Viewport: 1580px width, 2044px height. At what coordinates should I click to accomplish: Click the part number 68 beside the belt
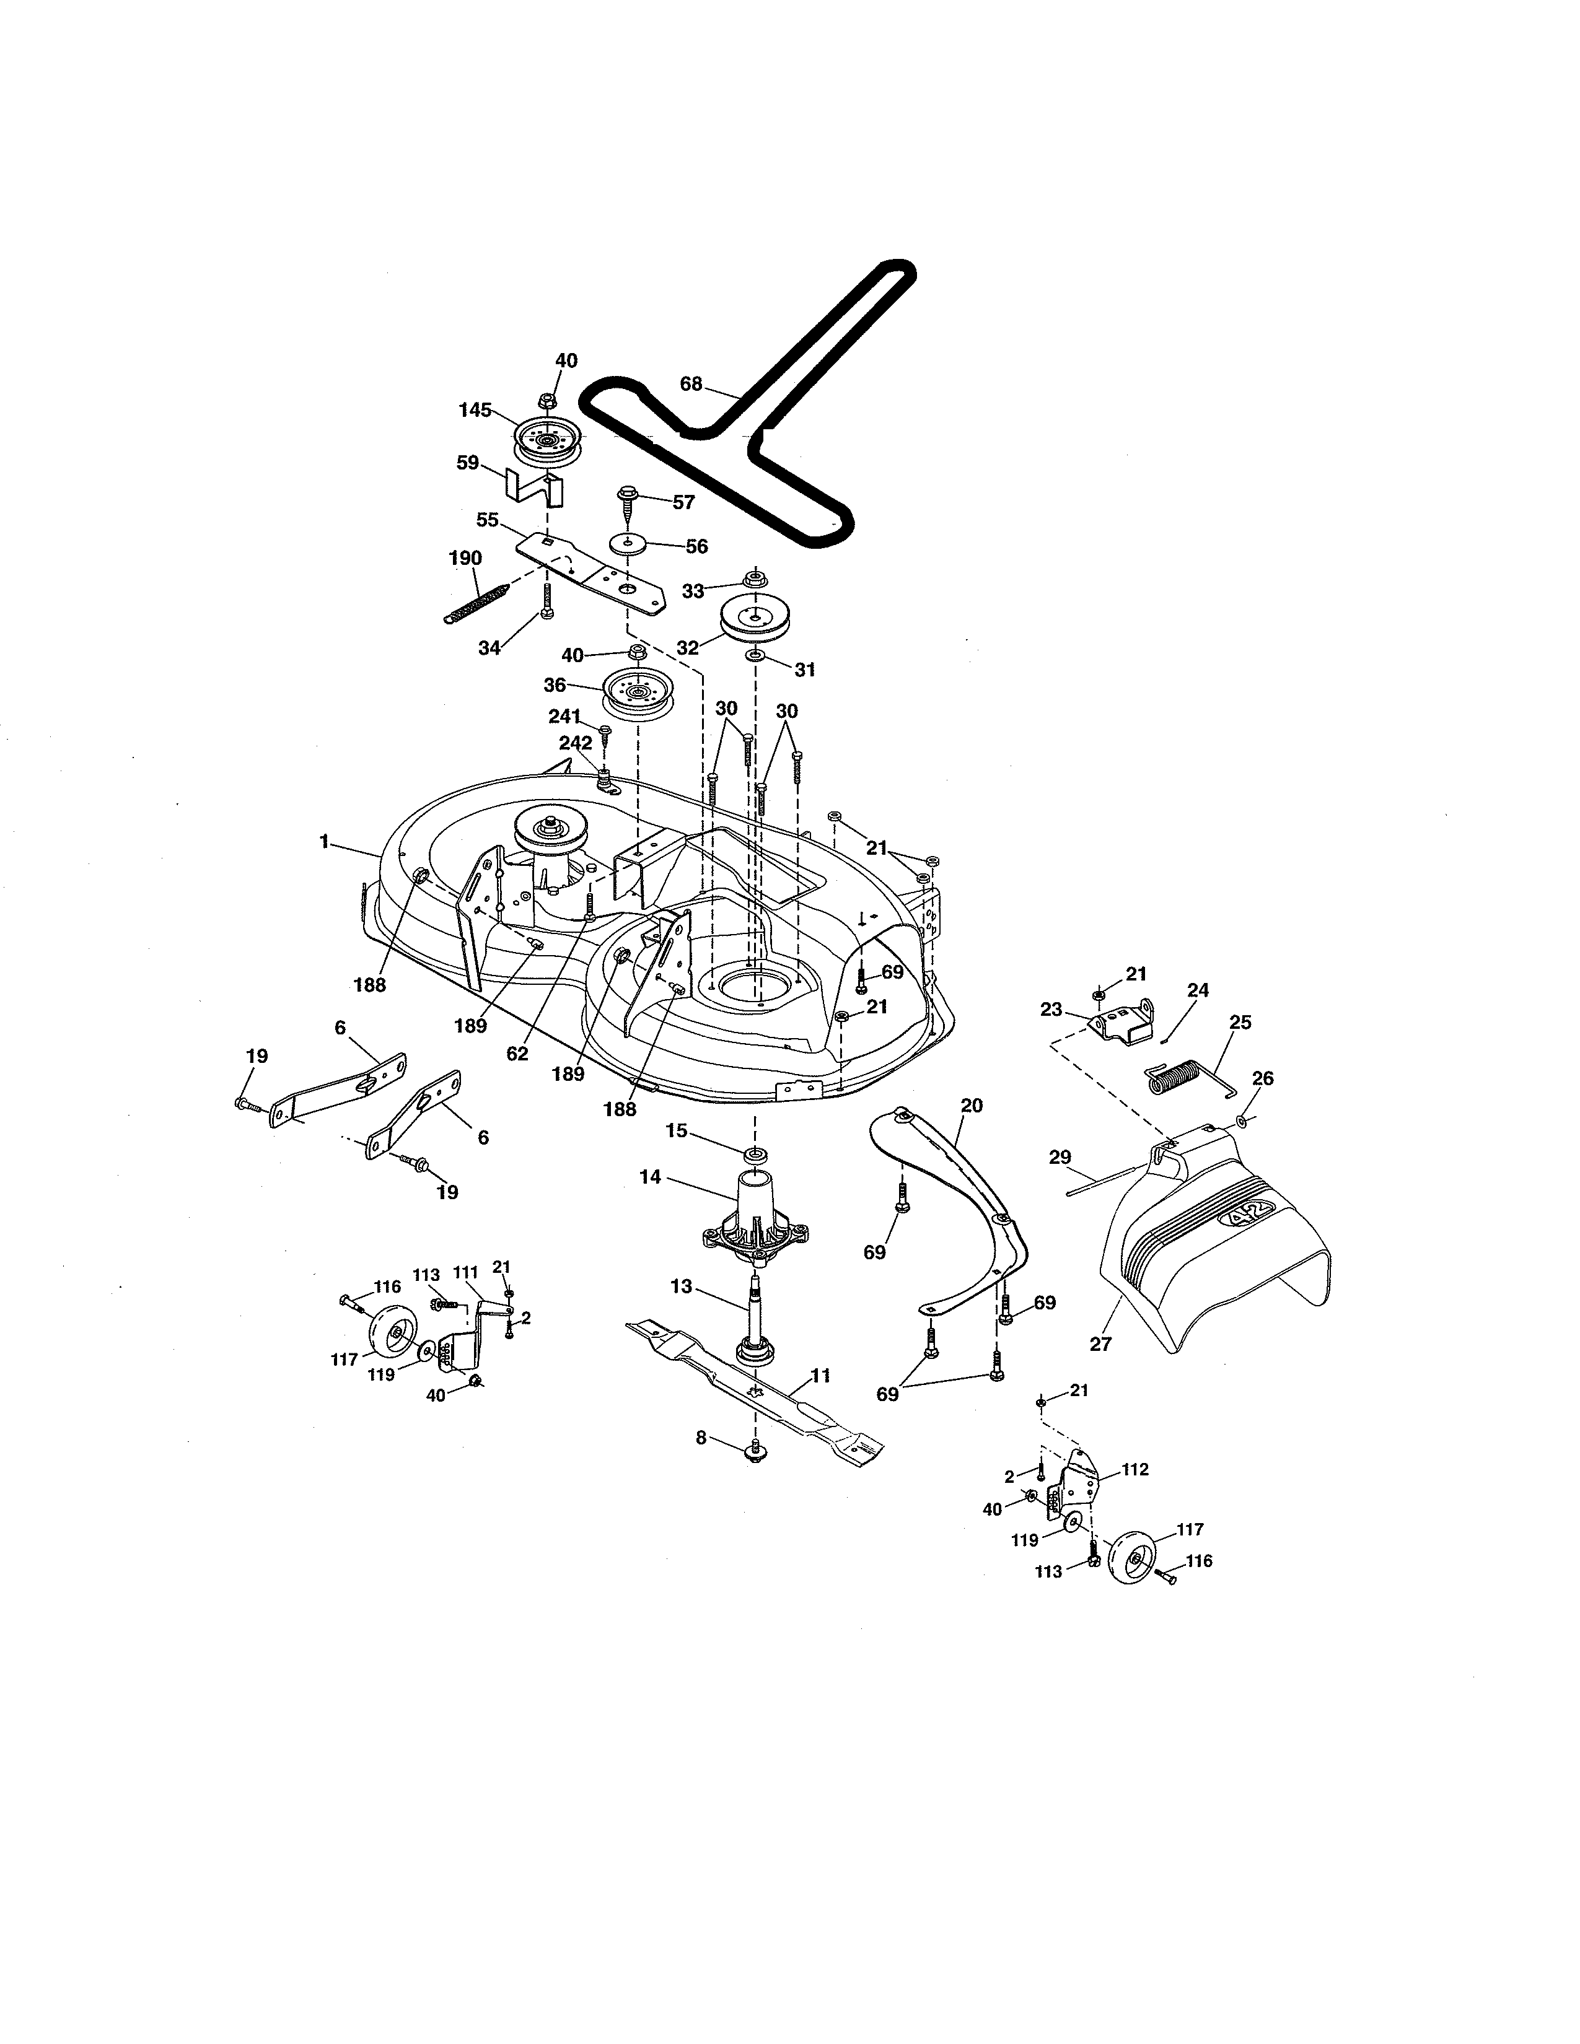point(691,384)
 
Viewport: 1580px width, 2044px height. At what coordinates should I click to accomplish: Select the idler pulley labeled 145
point(548,438)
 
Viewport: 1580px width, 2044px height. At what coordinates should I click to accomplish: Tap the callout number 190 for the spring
point(465,559)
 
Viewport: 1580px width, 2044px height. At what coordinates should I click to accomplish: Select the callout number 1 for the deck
point(324,841)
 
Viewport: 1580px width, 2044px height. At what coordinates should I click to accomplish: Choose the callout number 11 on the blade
point(820,1376)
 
